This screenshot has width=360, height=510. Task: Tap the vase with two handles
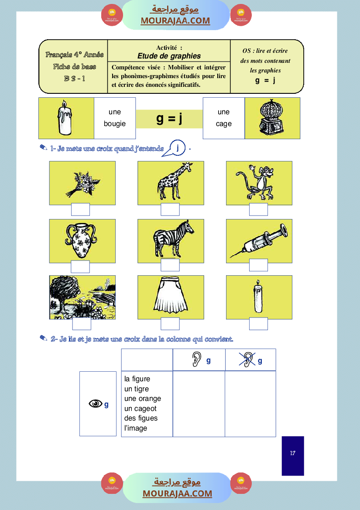coord(80,241)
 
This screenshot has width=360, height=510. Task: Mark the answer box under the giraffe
coord(170,209)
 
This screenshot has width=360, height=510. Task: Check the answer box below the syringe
coord(258,265)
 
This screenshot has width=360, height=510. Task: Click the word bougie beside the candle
coord(115,123)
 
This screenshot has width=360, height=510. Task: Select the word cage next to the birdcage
coord(223,123)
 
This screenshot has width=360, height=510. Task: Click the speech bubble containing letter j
coord(178,148)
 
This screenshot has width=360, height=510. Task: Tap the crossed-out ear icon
coord(247,359)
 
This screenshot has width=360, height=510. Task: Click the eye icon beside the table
coord(95,404)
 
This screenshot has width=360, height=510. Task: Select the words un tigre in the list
coord(136,389)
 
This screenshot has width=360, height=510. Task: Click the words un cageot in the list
coord(140,408)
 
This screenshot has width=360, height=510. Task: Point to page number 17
coord(292,453)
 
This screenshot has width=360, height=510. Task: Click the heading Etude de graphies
coord(169,56)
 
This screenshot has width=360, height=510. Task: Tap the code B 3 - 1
coord(74,79)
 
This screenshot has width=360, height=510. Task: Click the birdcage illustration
coord(272,118)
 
